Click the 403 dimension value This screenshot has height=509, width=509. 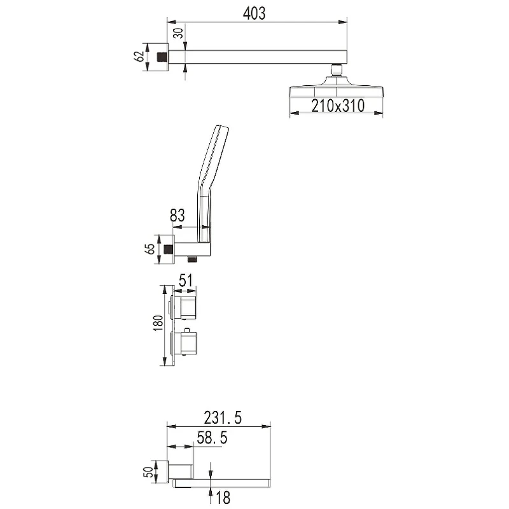[254, 13]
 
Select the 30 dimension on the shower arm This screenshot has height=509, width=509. [178, 33]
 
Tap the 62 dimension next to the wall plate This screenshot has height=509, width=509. [139, 56]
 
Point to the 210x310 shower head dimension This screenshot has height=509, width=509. [338, 106]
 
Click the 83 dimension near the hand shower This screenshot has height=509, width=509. [178, 215]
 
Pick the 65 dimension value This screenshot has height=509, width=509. [150, 249]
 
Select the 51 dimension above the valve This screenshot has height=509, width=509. [186, 281]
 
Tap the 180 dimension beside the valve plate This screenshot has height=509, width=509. [158, 323]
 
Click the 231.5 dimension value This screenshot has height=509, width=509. [223, 418]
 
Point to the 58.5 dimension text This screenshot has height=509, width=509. [212, 438]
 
